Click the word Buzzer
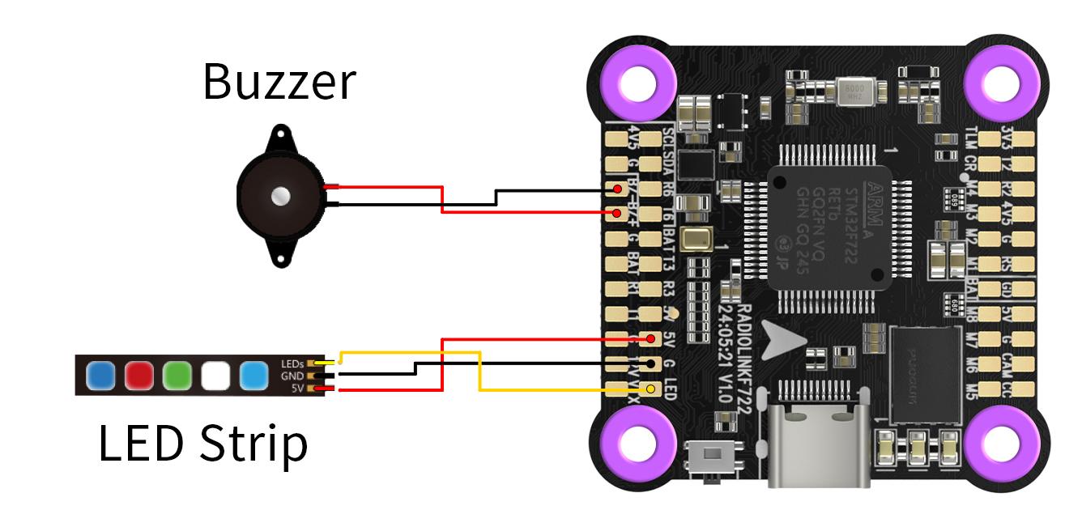279,82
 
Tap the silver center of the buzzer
280,195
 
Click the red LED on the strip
138,376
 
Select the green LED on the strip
177,376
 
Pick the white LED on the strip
215,376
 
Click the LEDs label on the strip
292,363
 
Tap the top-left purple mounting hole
637,81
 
